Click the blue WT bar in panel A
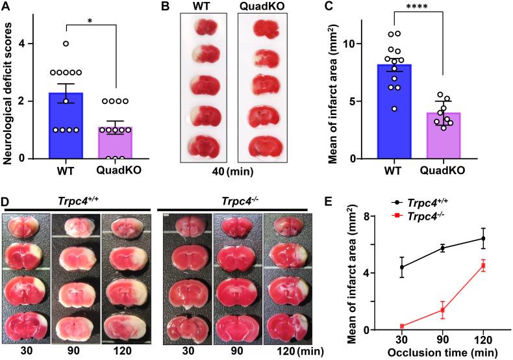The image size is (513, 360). [x=66, y=127]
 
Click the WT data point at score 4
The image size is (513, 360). [x=66, y=44]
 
